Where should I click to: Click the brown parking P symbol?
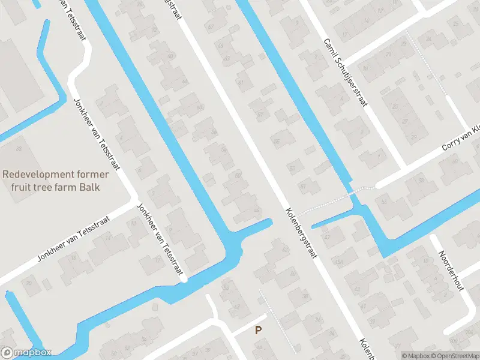259,330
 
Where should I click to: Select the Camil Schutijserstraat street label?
346,74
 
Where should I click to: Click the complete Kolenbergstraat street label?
300,235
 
